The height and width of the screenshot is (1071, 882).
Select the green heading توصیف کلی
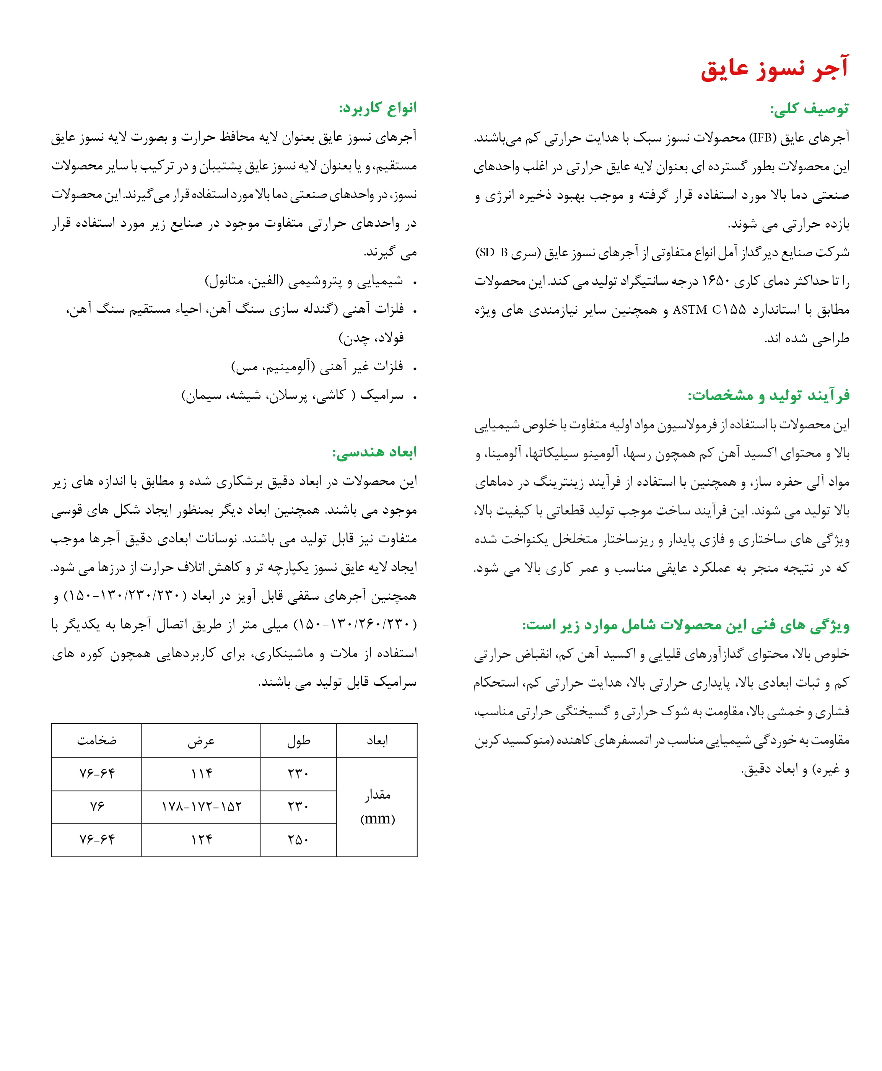(809, 109)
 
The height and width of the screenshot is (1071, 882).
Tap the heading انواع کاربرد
(378, 108)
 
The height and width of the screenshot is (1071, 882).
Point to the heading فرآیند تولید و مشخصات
(768, 395)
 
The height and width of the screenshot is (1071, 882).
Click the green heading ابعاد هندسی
(374, 452)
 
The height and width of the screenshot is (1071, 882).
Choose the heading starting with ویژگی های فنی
(685, 625)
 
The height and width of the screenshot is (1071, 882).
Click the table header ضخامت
(96, 740)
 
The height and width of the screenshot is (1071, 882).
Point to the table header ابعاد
(377, 740)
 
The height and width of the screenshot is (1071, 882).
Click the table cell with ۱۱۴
(201, 774)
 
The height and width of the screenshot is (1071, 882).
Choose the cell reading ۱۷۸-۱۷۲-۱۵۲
(201, 806)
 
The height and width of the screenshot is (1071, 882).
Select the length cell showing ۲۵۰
(298, 839)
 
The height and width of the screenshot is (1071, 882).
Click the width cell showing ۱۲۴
(201, 839)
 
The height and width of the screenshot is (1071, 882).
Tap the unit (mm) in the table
(377, 819)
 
